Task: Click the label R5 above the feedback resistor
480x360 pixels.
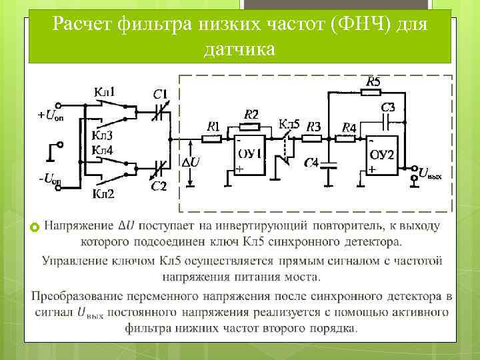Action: click(x=373, y=82)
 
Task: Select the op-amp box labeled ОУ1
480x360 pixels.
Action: click(x=249, y=157)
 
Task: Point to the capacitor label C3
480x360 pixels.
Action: click(x=388, y=107)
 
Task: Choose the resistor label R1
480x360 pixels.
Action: click(x=213, y=126)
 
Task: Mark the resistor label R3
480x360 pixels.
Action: click(x=313, y=126)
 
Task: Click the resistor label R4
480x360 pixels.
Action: click(x=349, y=127)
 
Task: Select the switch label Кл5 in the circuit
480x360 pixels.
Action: click(x=289, y=125)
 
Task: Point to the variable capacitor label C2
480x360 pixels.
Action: click(x=159, y=185)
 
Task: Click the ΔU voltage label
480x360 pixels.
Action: click(x=191, y=162)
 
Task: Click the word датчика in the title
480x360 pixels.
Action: click(x=239, y=49)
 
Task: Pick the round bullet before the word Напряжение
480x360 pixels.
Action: click(x=36, y=228)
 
